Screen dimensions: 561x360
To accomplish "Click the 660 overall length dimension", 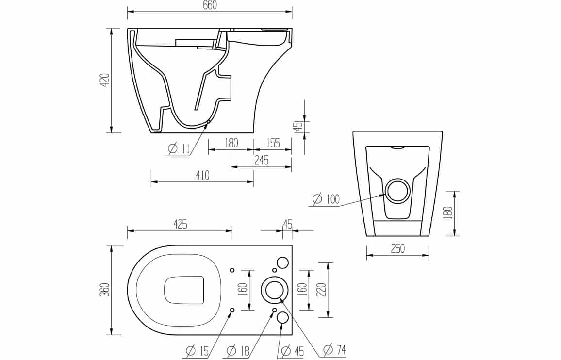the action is [210, 5].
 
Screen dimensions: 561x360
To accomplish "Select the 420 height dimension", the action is [105, 81].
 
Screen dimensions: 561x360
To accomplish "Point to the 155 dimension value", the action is [273, 143].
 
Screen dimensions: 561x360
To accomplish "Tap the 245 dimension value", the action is [262, 160].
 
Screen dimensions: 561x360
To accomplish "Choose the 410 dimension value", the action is [202, 175].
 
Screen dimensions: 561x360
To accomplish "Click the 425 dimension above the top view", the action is [181, 224].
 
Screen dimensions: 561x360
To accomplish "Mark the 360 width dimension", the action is [105, 290].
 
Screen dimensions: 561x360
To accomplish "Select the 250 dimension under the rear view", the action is [398, 248].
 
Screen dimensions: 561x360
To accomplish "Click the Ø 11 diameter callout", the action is [179, 148].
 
